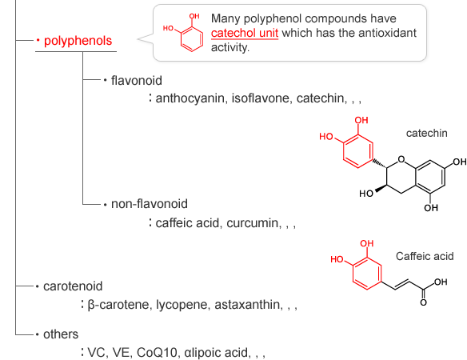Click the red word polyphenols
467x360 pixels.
(78, 41)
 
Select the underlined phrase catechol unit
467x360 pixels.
(245, 33)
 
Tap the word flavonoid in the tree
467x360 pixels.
(137, 81)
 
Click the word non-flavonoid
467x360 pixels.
(150, 204)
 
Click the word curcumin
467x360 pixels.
(253, 223)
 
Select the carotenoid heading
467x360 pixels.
(73, 286)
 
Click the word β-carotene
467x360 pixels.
(120, 305)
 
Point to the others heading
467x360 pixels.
(61, 334)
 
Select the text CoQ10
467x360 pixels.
(157, 353)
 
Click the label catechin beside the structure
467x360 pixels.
(426, 134)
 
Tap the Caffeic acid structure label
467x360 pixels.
(425, 256)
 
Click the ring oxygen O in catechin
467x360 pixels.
(401, 160)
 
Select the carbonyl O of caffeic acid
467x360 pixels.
(423, 302)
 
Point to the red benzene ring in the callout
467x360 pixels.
(192, 39)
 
